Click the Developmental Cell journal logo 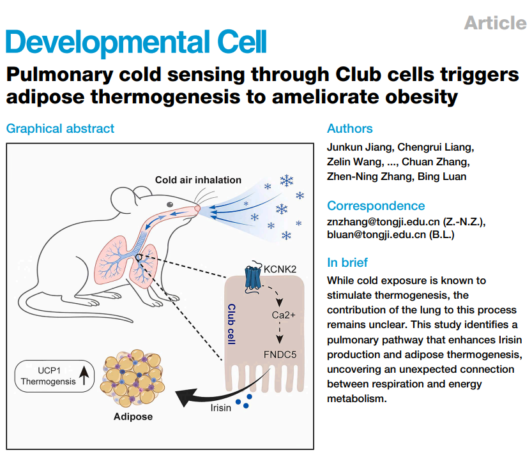pyautogui.click(x=136, y=43)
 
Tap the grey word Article pyautogui.click(x=495, y=23)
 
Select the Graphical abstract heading pyautogui.click(x=60, y=129)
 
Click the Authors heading pyautogui.click(x=350, y=128)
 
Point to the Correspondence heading pyautogui.click(x=376, y=206)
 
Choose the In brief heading pyautogui.click(x=347, y=262)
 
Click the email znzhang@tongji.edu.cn pyautogui.click(x=383, y=221)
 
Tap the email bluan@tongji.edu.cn pyautogui.click(x=376, y=235)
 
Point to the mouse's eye pyautogui.click(x=170, y=204)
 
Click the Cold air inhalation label pyautogui.click(x=198, y=180)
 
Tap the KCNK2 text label pyautogui.click(x=280, y=269)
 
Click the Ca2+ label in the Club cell pyautogui.click(x=284, y=315)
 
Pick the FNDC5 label pyautogui.click(x=280, y=355)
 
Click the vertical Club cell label pyautogui.click(x=232, y=324)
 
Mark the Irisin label pyautogui.click(x=220, y=407)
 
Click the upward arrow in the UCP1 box pyautogui.click(x=84, y=376)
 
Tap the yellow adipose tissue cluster pyautogui.click(x=133, y=378)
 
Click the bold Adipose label pyautogui.click(x=133, y=417)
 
